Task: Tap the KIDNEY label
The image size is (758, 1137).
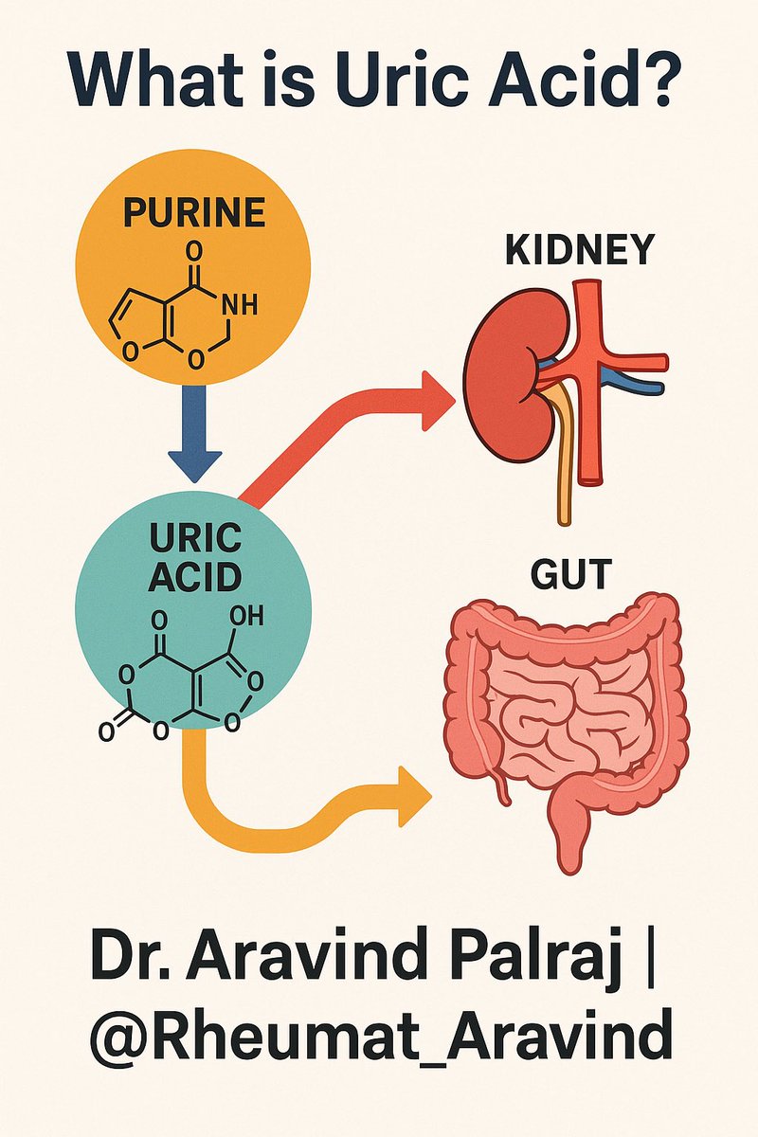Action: pos(579,250)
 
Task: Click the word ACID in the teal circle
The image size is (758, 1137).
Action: pos(194,576)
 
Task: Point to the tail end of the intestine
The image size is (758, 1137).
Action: pos(568,857)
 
